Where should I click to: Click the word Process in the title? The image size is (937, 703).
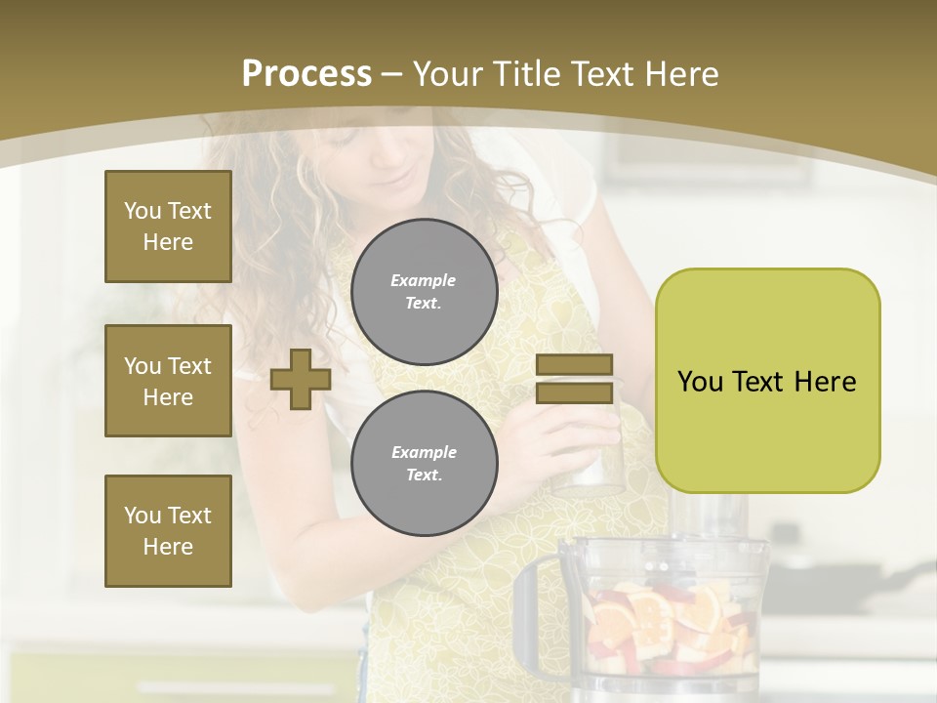tap(306, 74)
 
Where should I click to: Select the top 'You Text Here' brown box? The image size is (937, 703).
tap(168, 227)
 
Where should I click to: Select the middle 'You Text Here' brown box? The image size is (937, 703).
tap(168, 381)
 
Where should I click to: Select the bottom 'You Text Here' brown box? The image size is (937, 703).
tap(168, 531)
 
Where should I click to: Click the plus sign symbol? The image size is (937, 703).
tap(301, 379)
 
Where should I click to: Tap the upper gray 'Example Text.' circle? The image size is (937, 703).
tap(424, 291)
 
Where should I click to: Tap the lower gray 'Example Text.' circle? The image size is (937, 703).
tap(424, 463)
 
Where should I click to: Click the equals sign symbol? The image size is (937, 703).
tap(574, 379)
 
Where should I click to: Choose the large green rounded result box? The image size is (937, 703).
tap(767, 381)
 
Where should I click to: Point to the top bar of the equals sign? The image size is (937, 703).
tap(574, 365)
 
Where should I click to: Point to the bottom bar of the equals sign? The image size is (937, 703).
tap(574, 393)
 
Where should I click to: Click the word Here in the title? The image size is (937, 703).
tap(679, 74)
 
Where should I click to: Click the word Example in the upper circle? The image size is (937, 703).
tap(424, 280)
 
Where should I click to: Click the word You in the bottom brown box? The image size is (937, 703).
tap(142, 516)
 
